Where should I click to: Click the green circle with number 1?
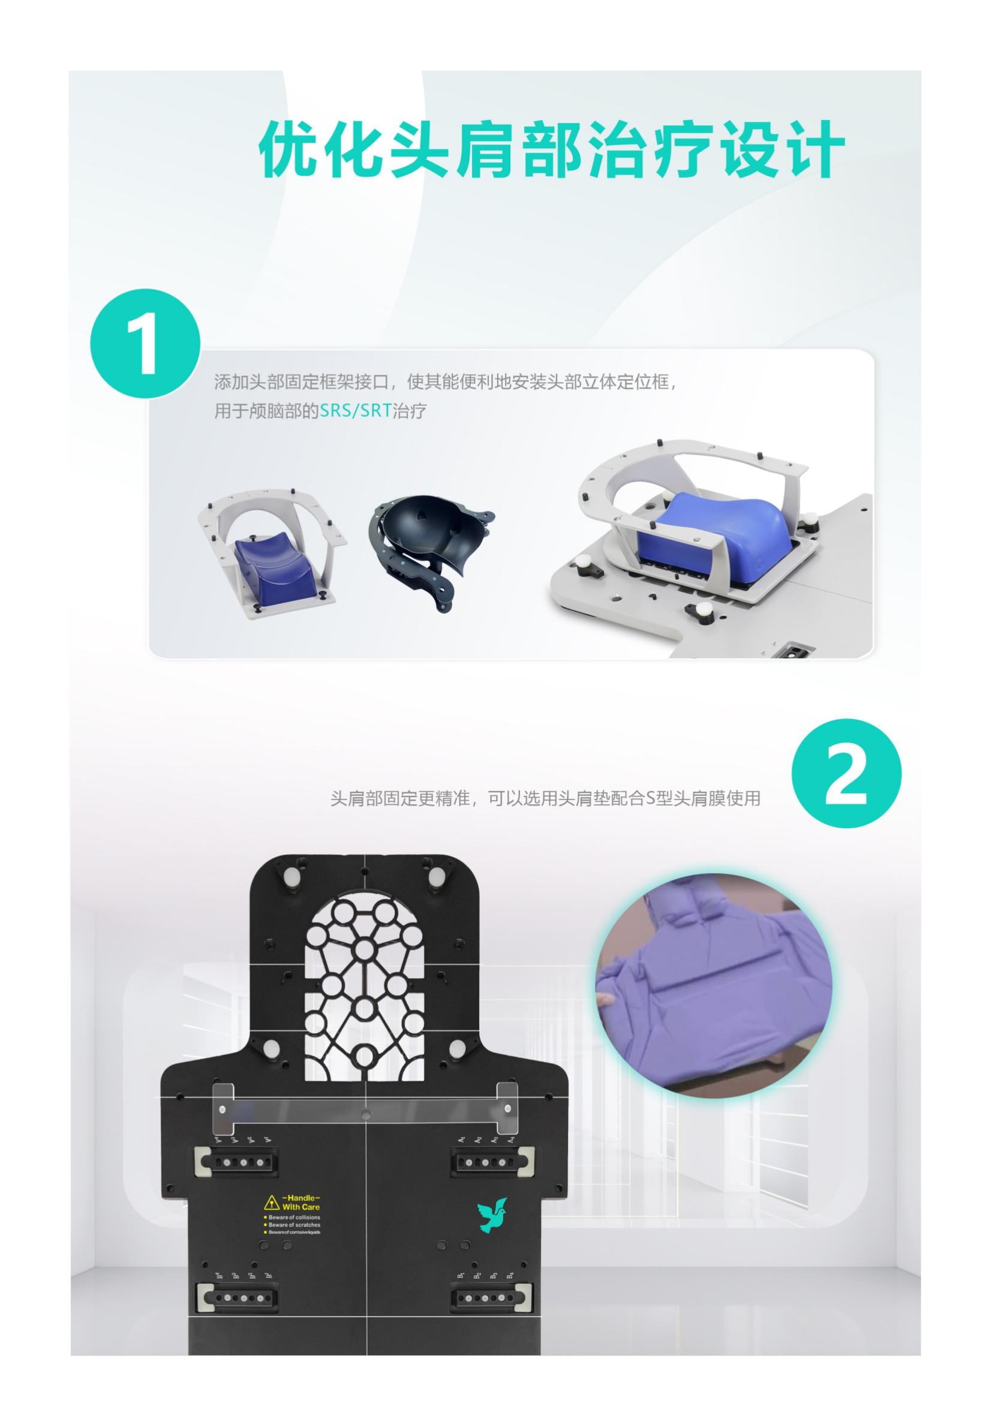(x=145, y=344)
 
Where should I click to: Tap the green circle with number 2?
(x=846, y=773)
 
